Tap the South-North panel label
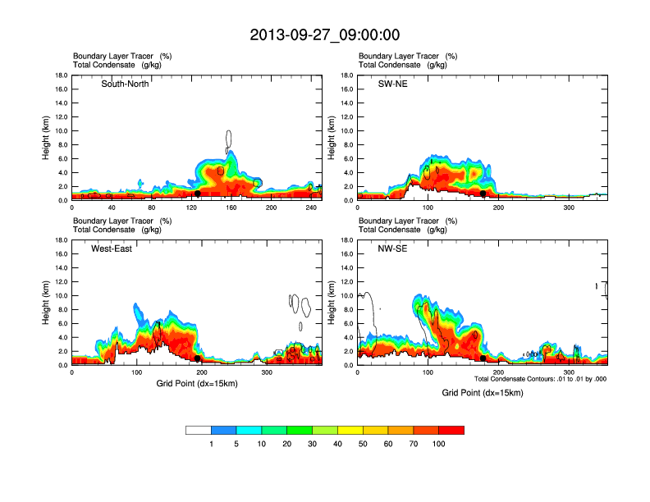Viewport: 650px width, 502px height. point(125,84)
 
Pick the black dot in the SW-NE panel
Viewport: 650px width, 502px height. point(483,194)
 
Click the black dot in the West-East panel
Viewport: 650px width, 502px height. point(198,358)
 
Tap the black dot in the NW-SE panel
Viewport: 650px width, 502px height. point(483,358)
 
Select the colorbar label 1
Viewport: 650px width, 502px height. point(211,444)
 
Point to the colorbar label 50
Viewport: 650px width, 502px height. point(363,444)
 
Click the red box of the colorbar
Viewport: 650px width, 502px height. point(451,430)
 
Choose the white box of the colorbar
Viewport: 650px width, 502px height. point(199,430)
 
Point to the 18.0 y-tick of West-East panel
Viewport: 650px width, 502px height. point(61,240)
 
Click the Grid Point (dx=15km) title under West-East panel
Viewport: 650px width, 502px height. point(197,383)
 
